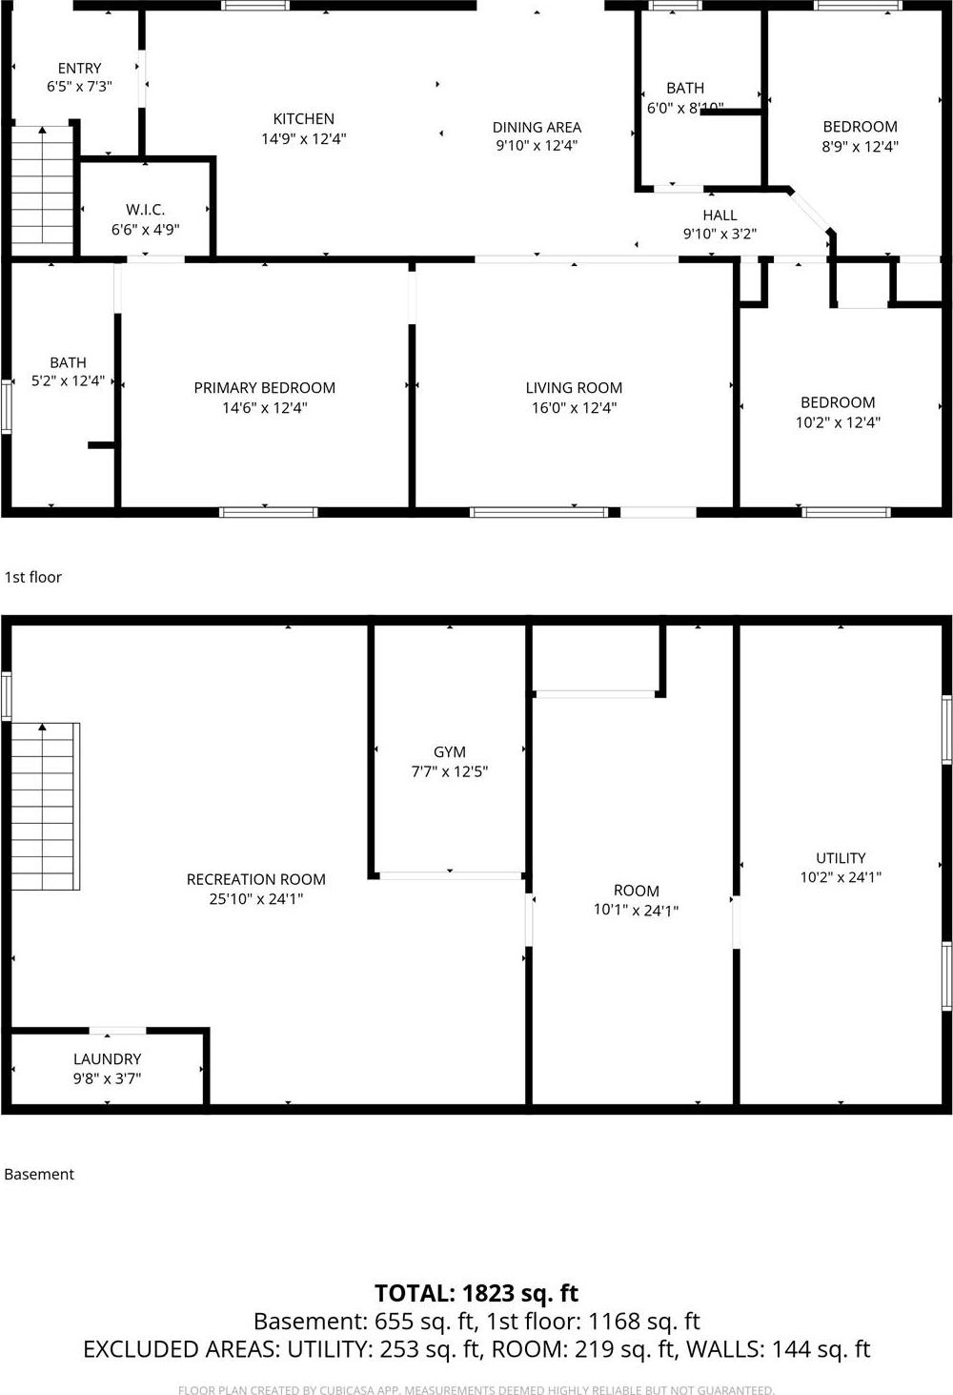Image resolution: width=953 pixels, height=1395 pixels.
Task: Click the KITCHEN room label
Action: point(303,119)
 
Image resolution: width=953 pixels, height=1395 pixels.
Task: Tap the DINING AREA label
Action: point(537,127)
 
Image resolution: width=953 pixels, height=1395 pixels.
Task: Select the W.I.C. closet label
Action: point(145,210)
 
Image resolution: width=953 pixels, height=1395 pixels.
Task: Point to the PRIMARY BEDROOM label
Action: point(264,388)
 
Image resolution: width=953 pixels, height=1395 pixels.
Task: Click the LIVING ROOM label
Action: point(574,388)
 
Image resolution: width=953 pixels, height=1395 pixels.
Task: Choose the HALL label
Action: point(720,215)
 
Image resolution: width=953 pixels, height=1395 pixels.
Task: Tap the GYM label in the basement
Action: point(449,752)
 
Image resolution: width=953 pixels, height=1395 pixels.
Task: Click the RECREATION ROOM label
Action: point(255,879)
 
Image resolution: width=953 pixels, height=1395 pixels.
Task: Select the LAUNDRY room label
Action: point(107,1059)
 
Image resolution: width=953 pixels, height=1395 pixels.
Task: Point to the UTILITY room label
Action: point(841,858)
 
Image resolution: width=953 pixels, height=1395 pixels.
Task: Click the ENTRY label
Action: point(79,69)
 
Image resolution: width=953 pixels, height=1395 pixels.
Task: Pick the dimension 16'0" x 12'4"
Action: point(574,408)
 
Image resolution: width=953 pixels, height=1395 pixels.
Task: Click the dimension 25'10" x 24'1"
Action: point(255,899)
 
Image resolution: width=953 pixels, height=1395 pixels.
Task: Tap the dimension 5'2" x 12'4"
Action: point(68,381)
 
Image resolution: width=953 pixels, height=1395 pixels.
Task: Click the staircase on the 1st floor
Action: point(43,191)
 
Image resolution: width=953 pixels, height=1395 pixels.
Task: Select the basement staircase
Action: point(45,807)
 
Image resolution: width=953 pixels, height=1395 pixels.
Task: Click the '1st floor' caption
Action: point(33,577)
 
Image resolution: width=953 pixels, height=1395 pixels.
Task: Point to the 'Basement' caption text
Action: point(39,1175)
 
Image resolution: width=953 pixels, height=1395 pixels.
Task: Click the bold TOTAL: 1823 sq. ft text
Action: point(476,1294)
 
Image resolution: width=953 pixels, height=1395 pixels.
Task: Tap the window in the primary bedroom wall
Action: point(269,513)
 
